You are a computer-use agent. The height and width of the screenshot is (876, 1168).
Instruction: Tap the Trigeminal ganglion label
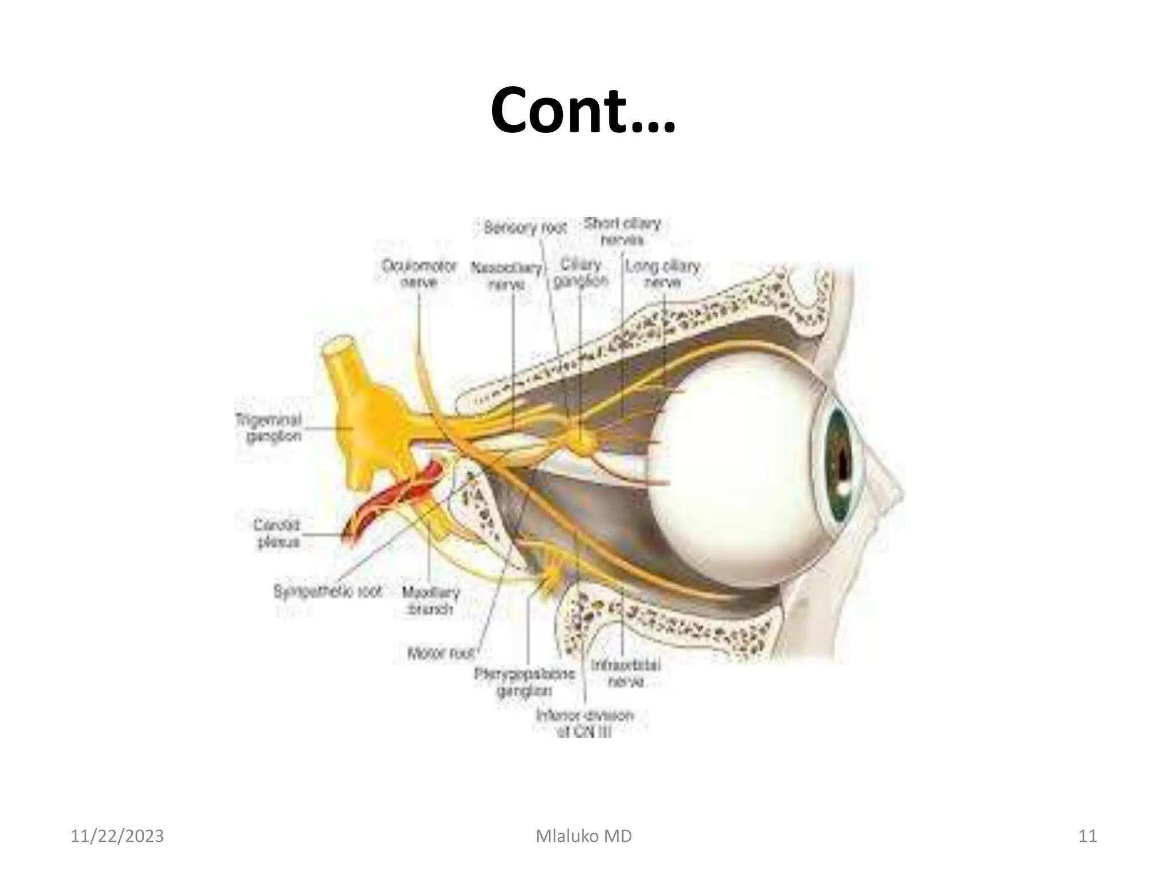tap(269, 428)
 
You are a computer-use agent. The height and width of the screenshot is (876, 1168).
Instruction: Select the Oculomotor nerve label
tap(419, 274)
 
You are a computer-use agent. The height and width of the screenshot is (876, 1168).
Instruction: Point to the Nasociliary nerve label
tap(506, 275)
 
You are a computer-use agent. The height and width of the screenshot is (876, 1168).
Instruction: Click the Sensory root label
tap(525, 228)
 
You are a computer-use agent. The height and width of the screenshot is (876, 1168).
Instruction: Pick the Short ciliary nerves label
tap(622, 231)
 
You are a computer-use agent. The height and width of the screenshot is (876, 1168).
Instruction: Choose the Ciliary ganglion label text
tap(581, 273)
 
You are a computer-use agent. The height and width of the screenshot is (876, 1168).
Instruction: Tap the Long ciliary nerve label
tap(662, 274)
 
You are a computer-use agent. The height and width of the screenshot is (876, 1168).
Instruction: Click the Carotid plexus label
tap(277, 533)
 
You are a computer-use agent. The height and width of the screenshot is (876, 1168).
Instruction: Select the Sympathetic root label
tap(327, 591)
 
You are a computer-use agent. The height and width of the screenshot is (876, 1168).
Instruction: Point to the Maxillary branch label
tap(431, 601)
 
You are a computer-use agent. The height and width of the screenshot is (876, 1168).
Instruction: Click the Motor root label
tap(441, 653)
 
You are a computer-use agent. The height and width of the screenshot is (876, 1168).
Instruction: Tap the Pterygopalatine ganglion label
tap(524, 682)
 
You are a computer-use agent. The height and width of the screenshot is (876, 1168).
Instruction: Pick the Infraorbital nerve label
tap(626, 673)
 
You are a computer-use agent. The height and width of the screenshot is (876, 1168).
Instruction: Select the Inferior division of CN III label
tap(585, 723)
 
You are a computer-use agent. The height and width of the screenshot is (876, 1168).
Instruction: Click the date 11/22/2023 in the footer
tap(117, 836)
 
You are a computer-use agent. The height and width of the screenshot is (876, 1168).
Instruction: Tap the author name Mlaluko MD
tap(584, 836)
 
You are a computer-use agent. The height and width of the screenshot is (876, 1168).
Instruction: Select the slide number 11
tap(1088, 836)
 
